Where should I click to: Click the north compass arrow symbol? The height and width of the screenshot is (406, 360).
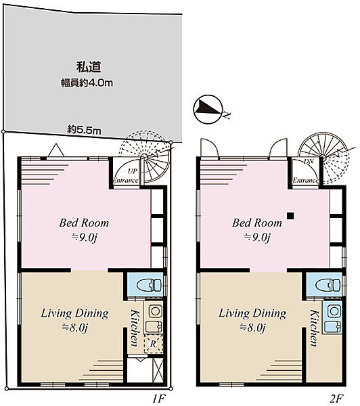coord(206,108)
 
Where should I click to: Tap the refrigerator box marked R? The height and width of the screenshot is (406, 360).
coord(154,344)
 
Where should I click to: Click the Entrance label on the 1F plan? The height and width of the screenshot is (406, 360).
coord(126,181)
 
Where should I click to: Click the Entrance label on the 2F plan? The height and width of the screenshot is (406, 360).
coord(305,181)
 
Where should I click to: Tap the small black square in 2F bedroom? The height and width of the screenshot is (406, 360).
coord(289,216)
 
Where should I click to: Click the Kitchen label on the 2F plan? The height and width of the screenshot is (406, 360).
coord(314,326)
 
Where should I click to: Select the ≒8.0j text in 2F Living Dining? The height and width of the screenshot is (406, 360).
coord(252,328)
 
